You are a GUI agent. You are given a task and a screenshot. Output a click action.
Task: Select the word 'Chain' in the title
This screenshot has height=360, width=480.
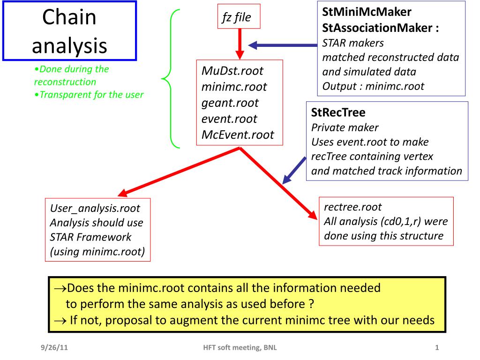click(x=69, y=17)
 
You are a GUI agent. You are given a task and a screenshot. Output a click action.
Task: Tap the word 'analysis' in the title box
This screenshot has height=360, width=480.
click(x=69, y=45)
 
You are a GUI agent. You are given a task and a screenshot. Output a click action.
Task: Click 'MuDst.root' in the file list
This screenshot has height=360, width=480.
click(x=232, y=71)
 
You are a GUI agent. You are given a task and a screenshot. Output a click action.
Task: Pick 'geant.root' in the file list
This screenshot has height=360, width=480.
click(x=230, y=103)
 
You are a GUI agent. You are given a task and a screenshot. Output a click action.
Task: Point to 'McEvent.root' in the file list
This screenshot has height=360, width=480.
click(x=237, y=135)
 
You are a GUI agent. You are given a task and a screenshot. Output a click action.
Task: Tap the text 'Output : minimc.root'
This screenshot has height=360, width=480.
click(x=373, y=86)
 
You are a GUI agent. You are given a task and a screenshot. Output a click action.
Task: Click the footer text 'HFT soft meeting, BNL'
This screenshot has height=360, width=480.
click(x=240, y=347)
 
